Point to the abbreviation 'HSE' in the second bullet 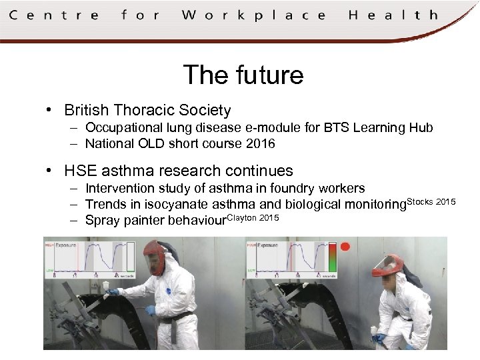pos(80,171)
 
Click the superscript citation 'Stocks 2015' pos(431,201)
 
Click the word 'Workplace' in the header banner pos(254,15)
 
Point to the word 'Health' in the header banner pos(393,15)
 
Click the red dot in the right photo pos(345,247)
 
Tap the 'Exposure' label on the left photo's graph pos(67,245)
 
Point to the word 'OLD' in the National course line pos(151,143)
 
